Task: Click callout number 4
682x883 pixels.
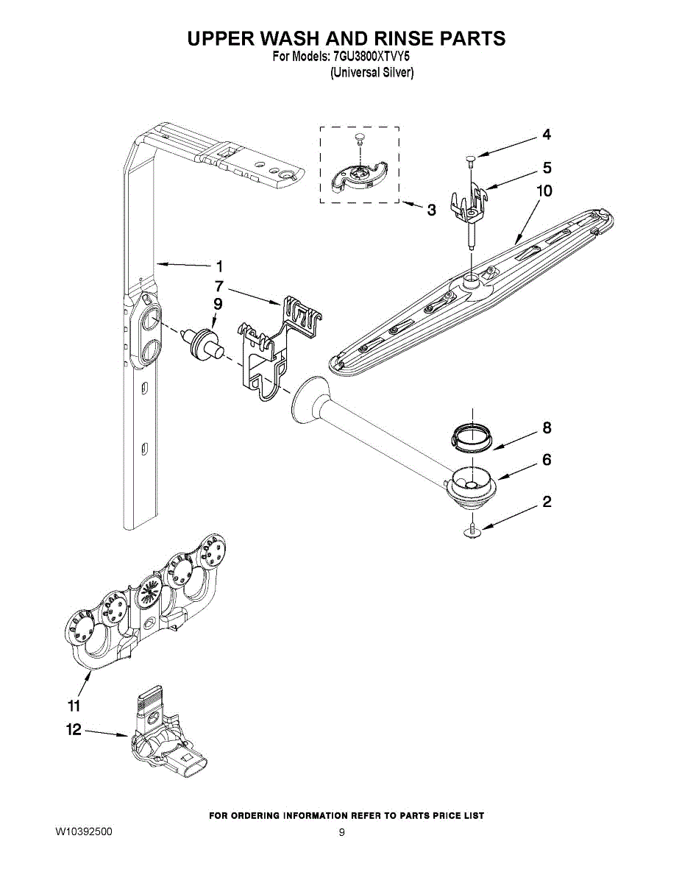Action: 547,134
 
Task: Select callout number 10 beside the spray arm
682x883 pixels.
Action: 544,191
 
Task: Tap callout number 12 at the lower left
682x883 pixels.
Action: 74,730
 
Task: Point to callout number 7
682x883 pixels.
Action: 219,286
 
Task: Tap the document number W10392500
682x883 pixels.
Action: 84,831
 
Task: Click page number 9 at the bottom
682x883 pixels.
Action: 341,832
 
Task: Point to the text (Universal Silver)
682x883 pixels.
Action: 372,73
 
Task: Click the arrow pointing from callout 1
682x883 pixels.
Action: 183,266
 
